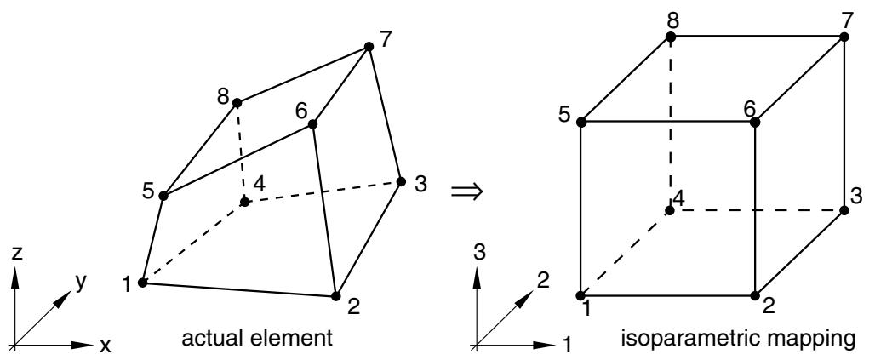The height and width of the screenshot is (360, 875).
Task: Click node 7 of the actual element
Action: (369, 46)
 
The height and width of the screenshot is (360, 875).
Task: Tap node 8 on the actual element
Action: (237, 103)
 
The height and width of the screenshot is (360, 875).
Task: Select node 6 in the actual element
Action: (312, 124)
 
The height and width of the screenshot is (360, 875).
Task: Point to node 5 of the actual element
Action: (163, 196)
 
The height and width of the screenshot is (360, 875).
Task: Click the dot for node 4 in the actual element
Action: (244, 202)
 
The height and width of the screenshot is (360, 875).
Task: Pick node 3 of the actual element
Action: (401, 181)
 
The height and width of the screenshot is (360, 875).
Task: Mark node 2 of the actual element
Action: (336, 296)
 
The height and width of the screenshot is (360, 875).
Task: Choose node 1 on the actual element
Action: (142, 283)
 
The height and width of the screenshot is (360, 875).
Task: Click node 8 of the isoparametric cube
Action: (670, 37)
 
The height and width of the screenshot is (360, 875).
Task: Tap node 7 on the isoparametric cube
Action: (844, 37)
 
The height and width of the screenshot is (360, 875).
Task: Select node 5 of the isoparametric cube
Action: (581, 123)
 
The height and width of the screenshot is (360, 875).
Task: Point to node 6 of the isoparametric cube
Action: (755, 123)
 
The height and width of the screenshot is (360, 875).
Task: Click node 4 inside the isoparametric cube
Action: (670, 210)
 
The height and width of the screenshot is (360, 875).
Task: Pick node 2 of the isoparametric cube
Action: (755, 296)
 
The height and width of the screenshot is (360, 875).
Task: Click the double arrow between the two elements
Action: (466, 192)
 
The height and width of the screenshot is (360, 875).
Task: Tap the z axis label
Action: (17, 254)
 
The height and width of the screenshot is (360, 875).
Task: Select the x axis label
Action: (105, 347)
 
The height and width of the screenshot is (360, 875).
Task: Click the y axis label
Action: (82, 283)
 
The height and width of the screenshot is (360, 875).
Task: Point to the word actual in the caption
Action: (213, 338)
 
